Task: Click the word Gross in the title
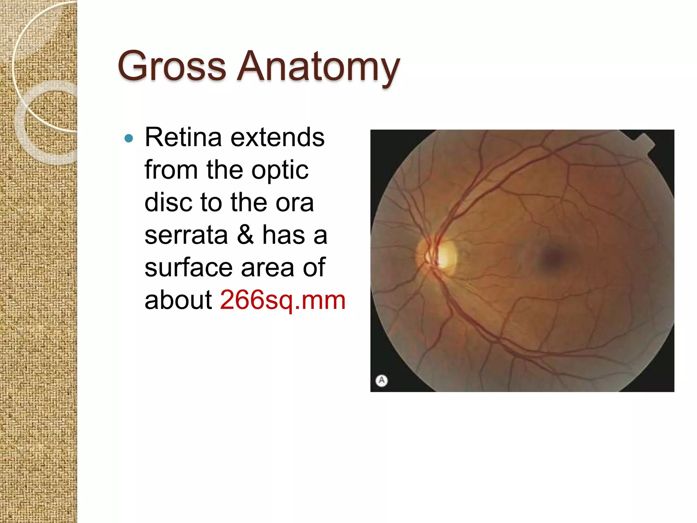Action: pos(172,66)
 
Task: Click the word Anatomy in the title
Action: pos(318,67)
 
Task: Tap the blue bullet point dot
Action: pos(129,138)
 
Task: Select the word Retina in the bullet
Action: pos(183,137)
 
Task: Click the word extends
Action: pos(277,137)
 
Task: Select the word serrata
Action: pos(186,235)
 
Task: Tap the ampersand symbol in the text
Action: pos(245,235)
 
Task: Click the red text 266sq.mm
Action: pos(282,300)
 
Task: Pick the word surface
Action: pos(189,268)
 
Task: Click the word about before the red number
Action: pos(178,300)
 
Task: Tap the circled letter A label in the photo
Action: pos(382,380)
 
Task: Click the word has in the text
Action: pos(283,235)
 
